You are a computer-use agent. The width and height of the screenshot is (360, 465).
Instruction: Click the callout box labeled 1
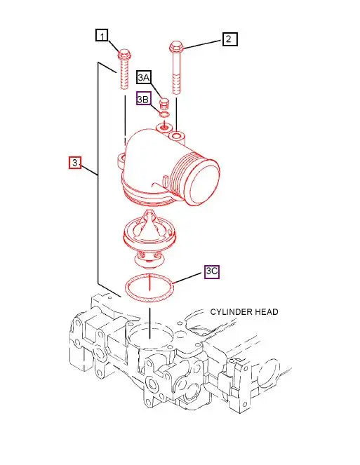(103, 35)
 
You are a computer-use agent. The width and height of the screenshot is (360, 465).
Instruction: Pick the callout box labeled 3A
(145, 77)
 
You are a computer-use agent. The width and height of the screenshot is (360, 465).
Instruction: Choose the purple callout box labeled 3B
(144, 100)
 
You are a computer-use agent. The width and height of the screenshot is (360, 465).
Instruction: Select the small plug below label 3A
(164, 103)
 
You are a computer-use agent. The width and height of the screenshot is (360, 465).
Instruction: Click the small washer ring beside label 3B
(164, 115)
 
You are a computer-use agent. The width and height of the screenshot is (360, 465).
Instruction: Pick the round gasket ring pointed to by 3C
(149, 288)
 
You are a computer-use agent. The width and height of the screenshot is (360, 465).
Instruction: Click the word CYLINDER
(234, 312)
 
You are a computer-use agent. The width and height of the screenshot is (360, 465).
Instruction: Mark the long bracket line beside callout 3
(98, 175)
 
